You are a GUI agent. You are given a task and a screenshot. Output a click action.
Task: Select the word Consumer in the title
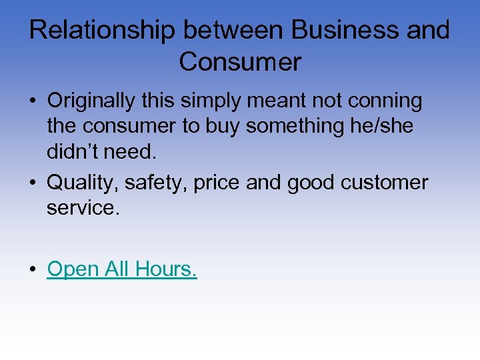(240, 62)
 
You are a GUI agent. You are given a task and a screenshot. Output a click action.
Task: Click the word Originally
(99, 101)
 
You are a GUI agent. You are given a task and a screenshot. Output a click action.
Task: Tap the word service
(83, 207)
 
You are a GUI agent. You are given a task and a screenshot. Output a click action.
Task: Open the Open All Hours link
(122, 269)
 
